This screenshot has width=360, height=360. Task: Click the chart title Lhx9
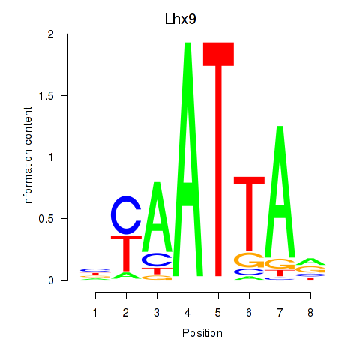180,19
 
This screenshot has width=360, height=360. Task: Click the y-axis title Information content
28,157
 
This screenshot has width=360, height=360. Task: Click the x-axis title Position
202,333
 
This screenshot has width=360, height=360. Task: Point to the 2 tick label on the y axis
51,34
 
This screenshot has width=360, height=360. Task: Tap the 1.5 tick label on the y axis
46,96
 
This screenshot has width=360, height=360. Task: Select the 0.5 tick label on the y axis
46,219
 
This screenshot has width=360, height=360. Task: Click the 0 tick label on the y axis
51,280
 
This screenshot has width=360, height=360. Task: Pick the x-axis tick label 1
95,313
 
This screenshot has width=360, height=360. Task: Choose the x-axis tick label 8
310,313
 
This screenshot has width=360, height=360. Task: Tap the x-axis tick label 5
218,313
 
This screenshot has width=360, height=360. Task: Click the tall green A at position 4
187,159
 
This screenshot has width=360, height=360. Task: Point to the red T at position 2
126,253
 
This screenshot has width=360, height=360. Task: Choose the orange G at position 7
280,263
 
